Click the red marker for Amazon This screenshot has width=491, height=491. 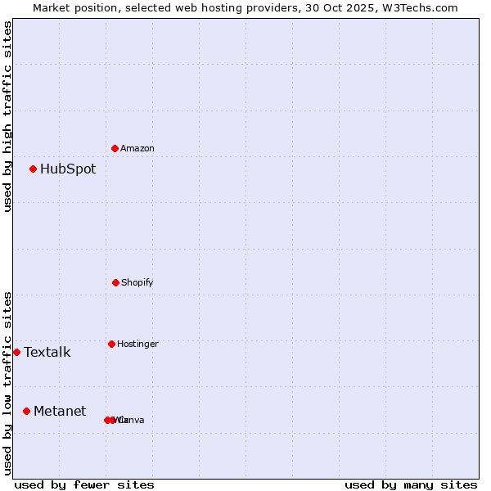pyautogui.click(x=115, y=148)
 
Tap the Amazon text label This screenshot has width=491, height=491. pyautogui.click(x=137, y=149)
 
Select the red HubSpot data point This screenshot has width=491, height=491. pyautogui.click(x=34, y=169)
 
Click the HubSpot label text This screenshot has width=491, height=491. pyautogui.click(x=68, y=169)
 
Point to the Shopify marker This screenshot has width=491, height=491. pyautogui.click(x=115, y=282)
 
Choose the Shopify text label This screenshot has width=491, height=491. pyautogui.click(x=137, y=283)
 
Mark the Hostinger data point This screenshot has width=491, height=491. pyautogui.click(x=111, y=344)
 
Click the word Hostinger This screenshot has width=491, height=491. pyautogui.click(x=137, y=345)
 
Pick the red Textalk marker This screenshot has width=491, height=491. pyautogui.click(x=17, y=352)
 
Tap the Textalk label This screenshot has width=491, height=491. pyautogui.click(x=47, y=353)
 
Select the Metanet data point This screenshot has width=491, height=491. pyautogui.click(x=27, y=411)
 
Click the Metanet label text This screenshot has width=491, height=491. pyautogui.click(x=60, y=412)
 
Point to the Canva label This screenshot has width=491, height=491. pyautogui.click(x=132, y=421)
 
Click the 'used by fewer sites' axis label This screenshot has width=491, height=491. pyautogui.click(x=84, y=484)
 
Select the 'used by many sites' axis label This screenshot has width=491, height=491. pyautogui.click(x=411, y=484)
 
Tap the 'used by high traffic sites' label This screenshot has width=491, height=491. pyautogui.click(x=7, y=116)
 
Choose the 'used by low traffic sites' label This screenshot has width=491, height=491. pyautogui.click(x=7, y=383)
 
